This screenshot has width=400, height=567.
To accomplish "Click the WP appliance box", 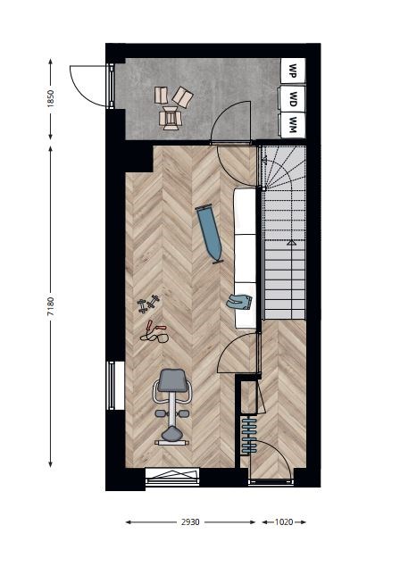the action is (x=293, y=71).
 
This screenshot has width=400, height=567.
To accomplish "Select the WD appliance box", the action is (x=293, y=98).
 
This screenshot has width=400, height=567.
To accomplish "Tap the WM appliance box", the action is (x=293, y=125).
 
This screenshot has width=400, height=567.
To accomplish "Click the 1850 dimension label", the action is (x=51, y=98).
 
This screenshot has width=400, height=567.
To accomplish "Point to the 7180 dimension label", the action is (x=51, y=306).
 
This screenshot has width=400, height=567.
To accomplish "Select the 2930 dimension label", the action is (x=190, y=522).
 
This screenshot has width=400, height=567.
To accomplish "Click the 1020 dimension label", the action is (x=284, y=522).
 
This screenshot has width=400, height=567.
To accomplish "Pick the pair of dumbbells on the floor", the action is (x=148, y=304).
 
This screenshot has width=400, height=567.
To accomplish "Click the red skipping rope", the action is (x=154, y=332).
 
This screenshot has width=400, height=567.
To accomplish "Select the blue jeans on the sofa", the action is (x=240, y=302).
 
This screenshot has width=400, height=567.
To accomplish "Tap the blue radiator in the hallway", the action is (x=249, y=436).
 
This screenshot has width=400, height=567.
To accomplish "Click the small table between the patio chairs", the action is (x=170, y=118).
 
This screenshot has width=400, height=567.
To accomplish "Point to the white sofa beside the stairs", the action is (x=246, y=258).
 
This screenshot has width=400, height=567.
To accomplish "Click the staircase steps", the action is (x=284, y=232).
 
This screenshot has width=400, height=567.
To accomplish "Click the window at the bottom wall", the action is (x=172, y=477).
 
